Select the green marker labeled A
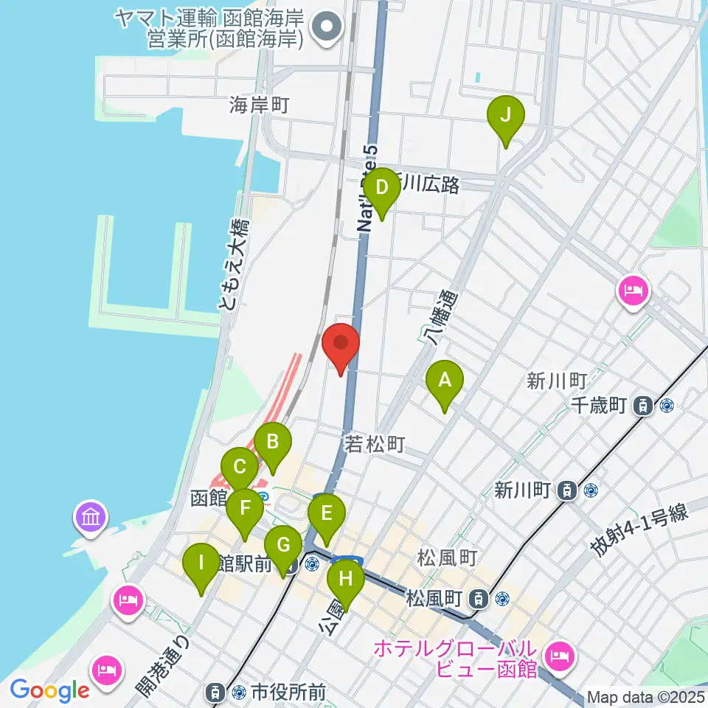(x=444, y=383)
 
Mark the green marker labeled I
(x=201, y=566)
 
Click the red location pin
(x=341, y=345)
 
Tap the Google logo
(x=50, y=690)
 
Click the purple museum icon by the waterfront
(x=91, y=518)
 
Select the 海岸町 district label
(x=257, y=105)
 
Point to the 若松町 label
(x=375, y=445)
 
